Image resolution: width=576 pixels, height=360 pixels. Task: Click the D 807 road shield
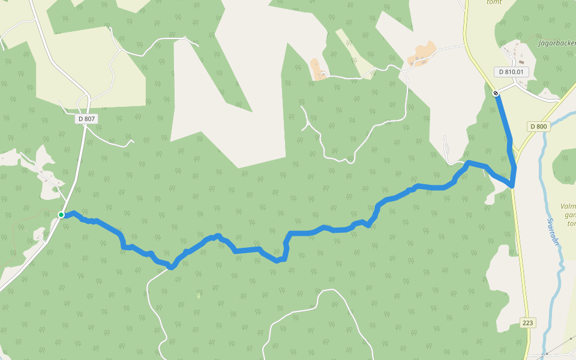tap(86, 119)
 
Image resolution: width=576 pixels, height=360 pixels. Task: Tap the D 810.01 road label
tap(511, 72)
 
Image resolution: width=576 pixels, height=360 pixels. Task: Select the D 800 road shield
tap(539, 126)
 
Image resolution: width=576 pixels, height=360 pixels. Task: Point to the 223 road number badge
tap(527, 323)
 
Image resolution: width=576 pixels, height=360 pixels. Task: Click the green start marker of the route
tap(61, 215)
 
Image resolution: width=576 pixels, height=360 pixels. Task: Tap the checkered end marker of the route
tap(496, 93)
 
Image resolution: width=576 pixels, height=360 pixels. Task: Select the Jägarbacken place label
tap(557, 43)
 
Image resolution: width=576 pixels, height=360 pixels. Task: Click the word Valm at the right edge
tap(568, 206)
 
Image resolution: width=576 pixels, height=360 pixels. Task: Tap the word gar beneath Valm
tap(570, 215)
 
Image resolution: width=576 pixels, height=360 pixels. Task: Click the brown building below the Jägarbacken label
tap(521, 61)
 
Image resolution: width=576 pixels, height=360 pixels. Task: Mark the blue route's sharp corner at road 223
tap(512, 186)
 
